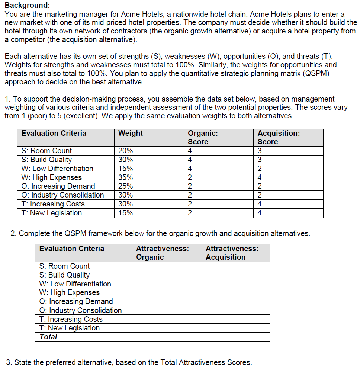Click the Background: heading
27,6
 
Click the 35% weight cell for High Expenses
125,177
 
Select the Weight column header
130,133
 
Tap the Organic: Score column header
203,137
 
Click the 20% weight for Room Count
125,151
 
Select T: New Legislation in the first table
51,213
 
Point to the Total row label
48,337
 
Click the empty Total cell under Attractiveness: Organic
167,337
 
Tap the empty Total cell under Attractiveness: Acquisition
235,337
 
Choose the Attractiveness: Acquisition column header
232,253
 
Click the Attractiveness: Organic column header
162,253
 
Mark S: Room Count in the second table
64,266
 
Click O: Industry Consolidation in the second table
80,310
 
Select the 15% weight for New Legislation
125,213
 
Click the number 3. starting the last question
9,362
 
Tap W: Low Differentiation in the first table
57,169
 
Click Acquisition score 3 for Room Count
260,151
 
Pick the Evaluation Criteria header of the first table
54,133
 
